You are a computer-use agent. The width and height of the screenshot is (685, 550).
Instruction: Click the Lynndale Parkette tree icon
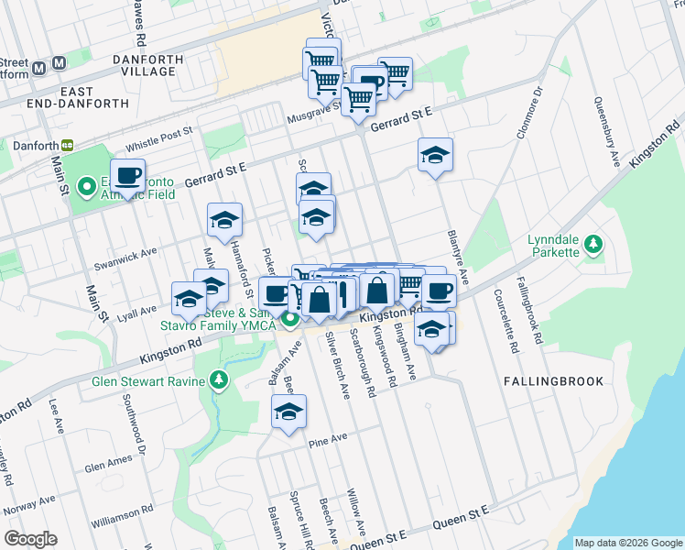(594, 243)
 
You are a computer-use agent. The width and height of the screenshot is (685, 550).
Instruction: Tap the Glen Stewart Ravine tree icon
(218, 379)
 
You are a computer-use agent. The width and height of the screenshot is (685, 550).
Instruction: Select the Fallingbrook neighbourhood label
(553, 380)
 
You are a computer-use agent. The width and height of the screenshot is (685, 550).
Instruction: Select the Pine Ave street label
(328, 440)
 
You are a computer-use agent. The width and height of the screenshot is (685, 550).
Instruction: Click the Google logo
(30, 539)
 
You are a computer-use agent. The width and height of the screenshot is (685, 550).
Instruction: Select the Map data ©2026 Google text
(627, 542)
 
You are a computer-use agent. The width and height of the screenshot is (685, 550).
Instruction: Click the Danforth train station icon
(67, 145)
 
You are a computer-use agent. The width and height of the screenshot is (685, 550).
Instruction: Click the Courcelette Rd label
(505, 322)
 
